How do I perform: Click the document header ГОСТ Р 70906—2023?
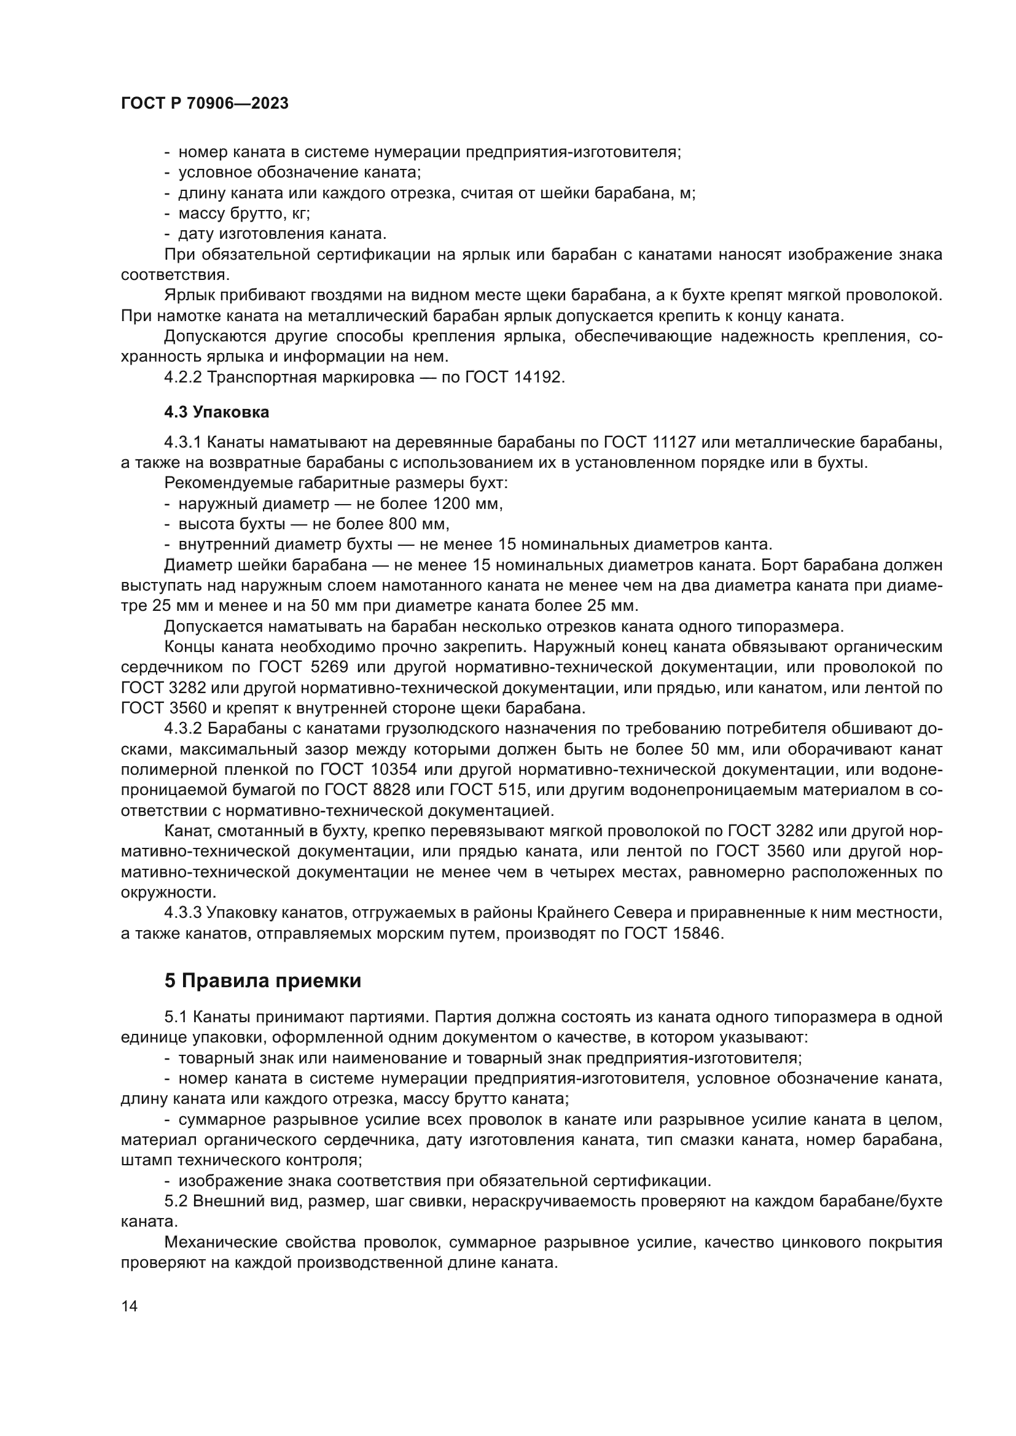[205, 104]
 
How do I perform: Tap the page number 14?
[129, 1306]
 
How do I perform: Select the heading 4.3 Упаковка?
[216, 412]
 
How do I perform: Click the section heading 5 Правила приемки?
[263, 980]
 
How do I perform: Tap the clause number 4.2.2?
[182, 378]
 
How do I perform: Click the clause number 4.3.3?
[182, 914]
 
